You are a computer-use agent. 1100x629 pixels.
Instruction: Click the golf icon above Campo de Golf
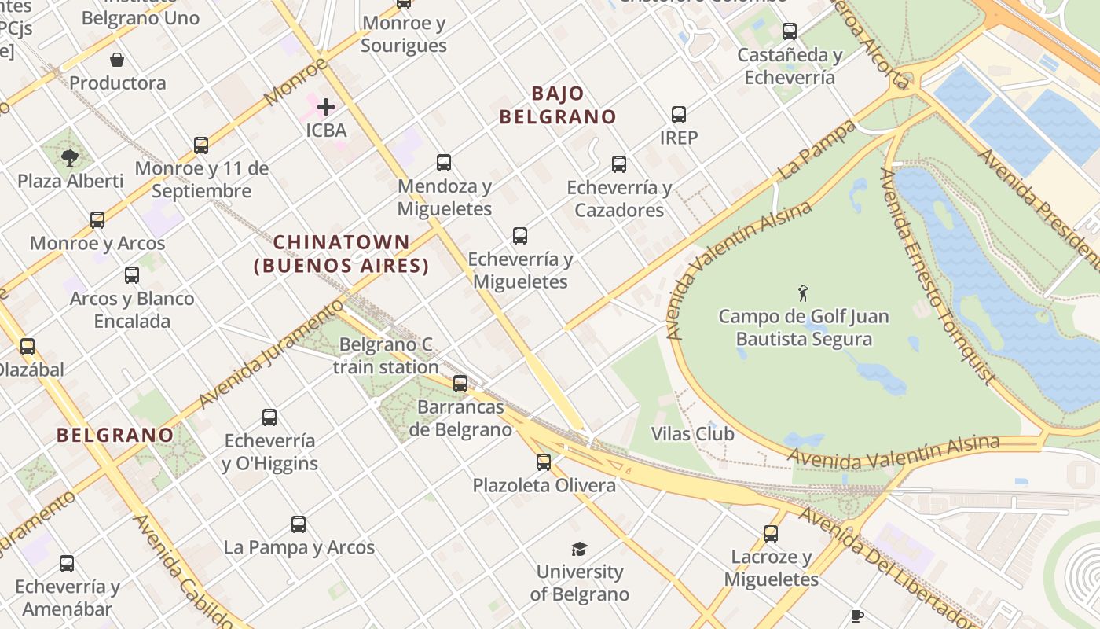802,294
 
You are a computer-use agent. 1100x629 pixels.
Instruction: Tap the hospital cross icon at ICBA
326,106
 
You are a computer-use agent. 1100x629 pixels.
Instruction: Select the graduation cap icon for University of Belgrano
579,549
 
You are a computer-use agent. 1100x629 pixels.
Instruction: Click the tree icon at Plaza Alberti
70,157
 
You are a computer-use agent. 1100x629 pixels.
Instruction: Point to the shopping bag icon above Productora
117,60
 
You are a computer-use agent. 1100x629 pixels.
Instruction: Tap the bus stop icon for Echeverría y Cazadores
619,164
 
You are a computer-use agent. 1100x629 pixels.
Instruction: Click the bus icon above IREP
679,115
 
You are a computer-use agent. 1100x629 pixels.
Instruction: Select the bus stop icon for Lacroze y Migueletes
771,534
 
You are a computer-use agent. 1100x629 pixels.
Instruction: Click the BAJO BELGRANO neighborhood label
558,105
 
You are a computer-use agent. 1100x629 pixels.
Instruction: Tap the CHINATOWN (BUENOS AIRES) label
342,254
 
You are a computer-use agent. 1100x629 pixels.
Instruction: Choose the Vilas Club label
693,434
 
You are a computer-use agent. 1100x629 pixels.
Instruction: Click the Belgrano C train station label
386,355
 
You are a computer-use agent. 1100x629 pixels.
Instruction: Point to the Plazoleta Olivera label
544,485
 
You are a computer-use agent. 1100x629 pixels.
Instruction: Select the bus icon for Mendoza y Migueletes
444,163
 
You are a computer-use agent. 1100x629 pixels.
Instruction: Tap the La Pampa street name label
817,149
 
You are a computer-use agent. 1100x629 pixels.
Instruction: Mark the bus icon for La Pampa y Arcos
299,524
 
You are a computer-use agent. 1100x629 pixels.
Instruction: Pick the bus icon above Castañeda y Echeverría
790,31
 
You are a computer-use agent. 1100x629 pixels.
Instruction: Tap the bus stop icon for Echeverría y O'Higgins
269,417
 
